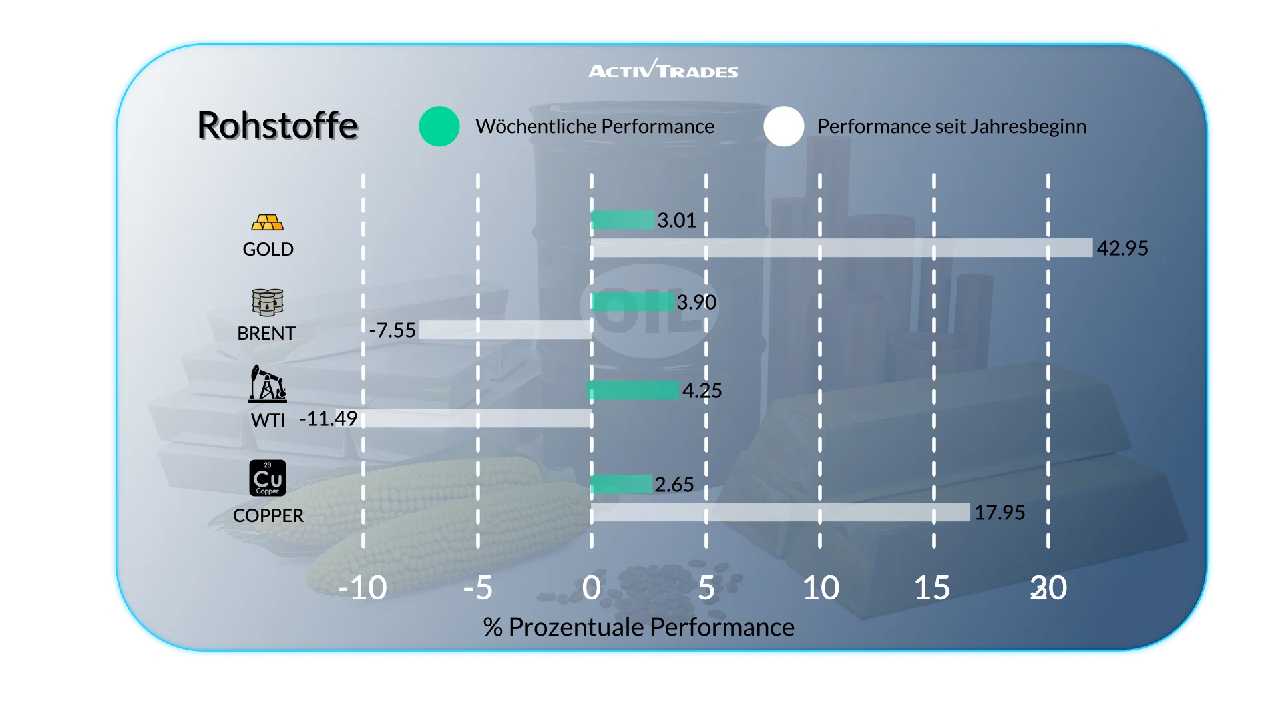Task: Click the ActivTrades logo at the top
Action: pos(663,70)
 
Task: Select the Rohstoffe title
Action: pos(278,125)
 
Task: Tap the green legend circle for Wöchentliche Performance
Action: pos(439,126)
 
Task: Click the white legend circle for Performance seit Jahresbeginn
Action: pos(784,126)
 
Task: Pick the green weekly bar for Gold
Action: pos(623,220)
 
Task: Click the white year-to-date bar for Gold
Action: pos(842,248)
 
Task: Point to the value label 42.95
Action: pos(1122,248)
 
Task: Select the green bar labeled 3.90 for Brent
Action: pos(632,302)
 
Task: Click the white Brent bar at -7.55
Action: pos(506,330)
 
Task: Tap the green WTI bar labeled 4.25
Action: pos(634,390)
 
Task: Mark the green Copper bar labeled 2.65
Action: pos(622,484)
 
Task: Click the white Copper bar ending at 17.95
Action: pos(781,512)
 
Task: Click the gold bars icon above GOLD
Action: pos(267,222)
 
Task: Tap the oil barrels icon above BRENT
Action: pos(267,302)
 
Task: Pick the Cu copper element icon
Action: pos(267,478)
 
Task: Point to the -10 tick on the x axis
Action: pos(362,588)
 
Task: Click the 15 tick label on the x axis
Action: pos(932,588)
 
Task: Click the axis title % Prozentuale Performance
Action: pos(639,627)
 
